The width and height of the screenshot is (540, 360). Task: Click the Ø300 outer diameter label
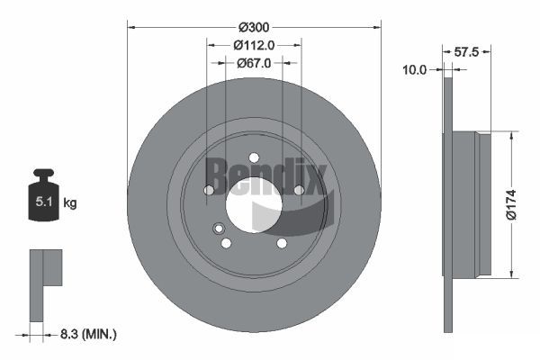coord(254,27)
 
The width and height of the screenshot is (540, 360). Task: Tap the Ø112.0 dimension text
coord(254,45)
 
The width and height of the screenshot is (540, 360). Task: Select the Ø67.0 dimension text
coord(254,63)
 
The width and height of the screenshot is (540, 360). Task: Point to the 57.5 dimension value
coord(466,52)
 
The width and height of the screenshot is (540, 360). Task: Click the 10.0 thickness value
coord(414,70)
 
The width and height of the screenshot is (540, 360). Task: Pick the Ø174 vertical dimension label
coord(511,204)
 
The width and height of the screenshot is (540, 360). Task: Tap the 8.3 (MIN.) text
coord(88,334)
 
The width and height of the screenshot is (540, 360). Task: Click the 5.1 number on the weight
coord(44,202)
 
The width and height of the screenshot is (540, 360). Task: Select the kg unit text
coord(70,203)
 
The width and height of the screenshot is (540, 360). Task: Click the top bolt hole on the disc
coord(254,157)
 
